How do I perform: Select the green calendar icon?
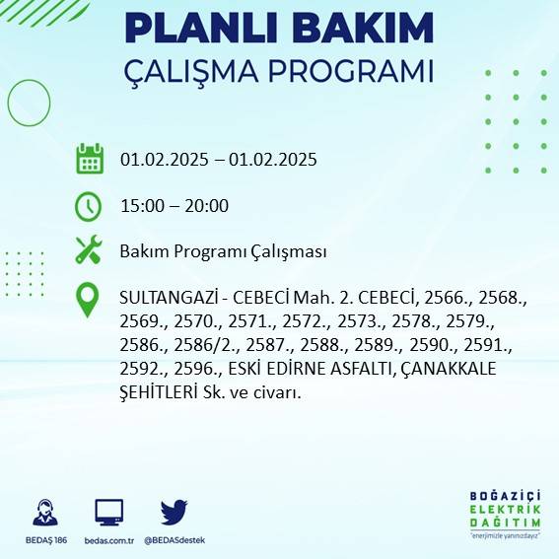(90, 159)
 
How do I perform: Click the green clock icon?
(89, 205)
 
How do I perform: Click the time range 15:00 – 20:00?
(175, 206)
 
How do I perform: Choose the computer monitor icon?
(108, 513)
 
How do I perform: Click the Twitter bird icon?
(174, 512)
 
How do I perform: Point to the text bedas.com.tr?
(108, 540)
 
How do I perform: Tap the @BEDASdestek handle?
(175, 540)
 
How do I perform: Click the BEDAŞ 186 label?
(44, 540)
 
